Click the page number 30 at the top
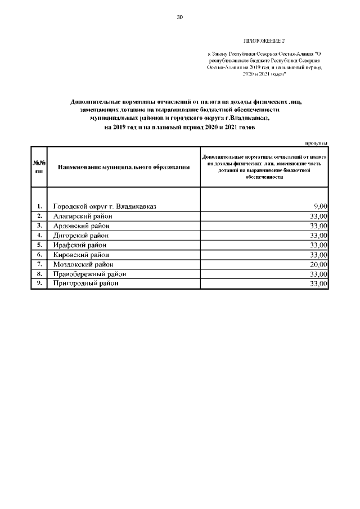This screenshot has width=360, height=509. pyautogui.click(x=180, y=17)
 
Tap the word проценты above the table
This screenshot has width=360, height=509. pyautogui.click(x=316, y=143)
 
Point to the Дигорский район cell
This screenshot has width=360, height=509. pyautogui.click(x=82, y=235)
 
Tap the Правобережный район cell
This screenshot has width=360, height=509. pyautogui.click(x=89, y=274)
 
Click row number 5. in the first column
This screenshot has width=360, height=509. pyautogui.click(x=39, y=245)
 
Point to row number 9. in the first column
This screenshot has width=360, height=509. pyautogui.click(x=39, y=283)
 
